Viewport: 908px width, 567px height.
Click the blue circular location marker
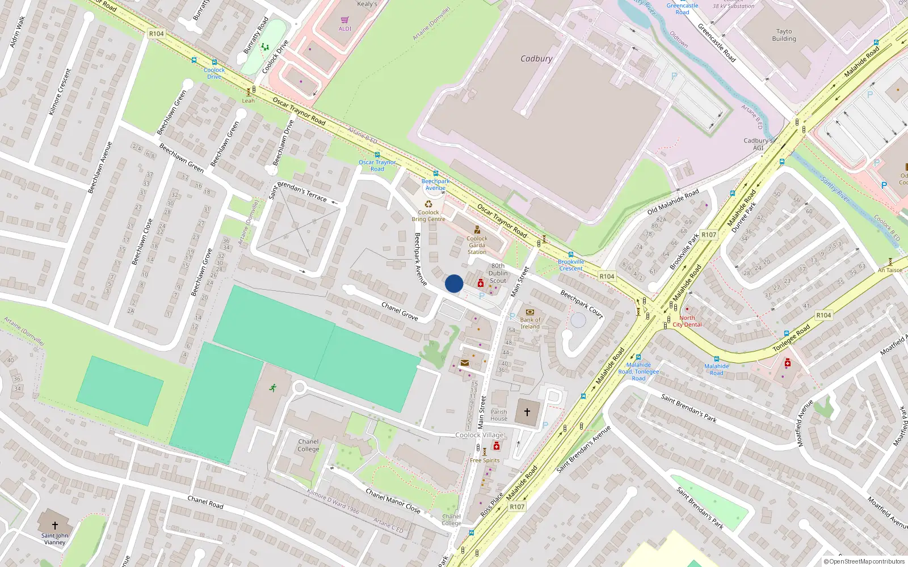[x=454, y=283]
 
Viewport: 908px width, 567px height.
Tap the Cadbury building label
[x=536, y=58]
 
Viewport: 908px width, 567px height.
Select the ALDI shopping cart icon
[x=344, y=20]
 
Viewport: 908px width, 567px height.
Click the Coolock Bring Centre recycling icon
[x=428, y=204]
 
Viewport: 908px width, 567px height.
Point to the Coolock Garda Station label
[x=477, y=245]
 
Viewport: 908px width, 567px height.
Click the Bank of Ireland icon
[x=530, y=312]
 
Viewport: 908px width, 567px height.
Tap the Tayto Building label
[x=784, y=35]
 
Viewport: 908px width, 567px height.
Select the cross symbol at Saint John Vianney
[x=55, y=526]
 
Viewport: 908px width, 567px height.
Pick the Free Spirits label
[x=485, y=460]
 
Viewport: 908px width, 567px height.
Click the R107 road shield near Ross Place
[x=516, y=506]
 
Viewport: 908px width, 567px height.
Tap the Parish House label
[x=499, y=415]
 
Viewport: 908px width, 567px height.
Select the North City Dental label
[x=687, y=321]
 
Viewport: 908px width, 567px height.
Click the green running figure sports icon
[x=273, y=388]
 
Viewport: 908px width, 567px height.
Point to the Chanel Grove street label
[x=400, y=311]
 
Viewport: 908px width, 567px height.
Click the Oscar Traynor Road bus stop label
[x=377, y=166]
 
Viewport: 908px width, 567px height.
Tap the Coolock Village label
[x=480, y=435]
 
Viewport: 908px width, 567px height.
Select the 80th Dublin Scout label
[x=498, y=273]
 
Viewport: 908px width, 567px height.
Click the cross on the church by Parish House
[x=527, y=412]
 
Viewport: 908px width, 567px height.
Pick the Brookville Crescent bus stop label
[x=571, y=265]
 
